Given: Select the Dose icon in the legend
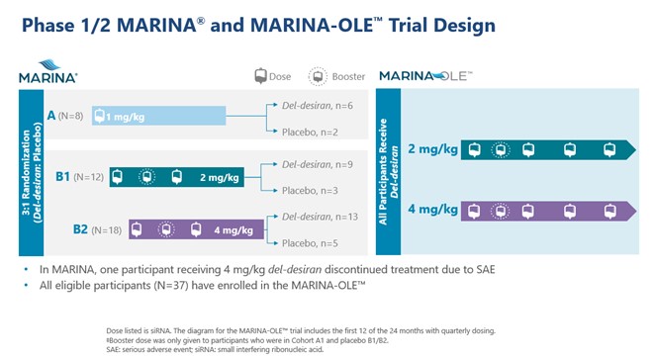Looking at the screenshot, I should [x=262, y=75].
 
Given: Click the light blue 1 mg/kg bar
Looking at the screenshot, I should [x=158, y=116].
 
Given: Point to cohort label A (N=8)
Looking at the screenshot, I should [x=64, y=116].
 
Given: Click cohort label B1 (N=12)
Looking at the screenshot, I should [x=78, y=177].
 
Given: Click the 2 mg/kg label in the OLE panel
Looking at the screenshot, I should [x=432, y=149].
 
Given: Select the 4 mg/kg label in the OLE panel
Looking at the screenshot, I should [x=432, y=211].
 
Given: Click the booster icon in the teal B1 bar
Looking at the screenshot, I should [x=146, y=177].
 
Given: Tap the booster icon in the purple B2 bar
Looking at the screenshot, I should [x=167, y=229].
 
